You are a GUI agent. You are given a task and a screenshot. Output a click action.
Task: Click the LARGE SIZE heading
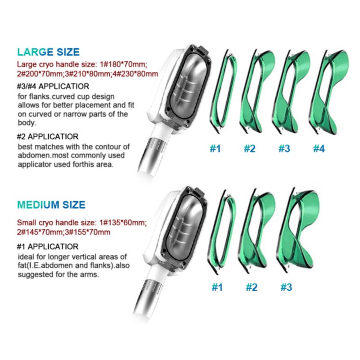click(49, 52)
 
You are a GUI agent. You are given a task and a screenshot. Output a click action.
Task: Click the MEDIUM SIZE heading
click(51, 205)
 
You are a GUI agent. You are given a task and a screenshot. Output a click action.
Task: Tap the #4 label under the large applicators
click(319, 149)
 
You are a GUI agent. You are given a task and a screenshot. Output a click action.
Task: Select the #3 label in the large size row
click(284, 149)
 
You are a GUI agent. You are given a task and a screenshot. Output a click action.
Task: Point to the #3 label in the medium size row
click(286, 288)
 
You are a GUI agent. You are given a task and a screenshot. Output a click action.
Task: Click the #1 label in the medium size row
click(217, 288)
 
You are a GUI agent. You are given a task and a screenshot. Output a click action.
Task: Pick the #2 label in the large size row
click(250, 149)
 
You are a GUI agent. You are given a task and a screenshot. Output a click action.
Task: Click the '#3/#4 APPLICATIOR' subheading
click(53, 86)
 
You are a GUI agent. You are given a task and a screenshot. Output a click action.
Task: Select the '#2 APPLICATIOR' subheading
click(48, 137)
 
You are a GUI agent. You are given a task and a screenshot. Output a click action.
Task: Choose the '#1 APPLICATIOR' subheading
click(48, 247)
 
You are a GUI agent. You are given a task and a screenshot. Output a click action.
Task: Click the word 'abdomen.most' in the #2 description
click(42, 156)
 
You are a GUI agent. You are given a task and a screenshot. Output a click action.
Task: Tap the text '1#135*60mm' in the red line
click(123, 222)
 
